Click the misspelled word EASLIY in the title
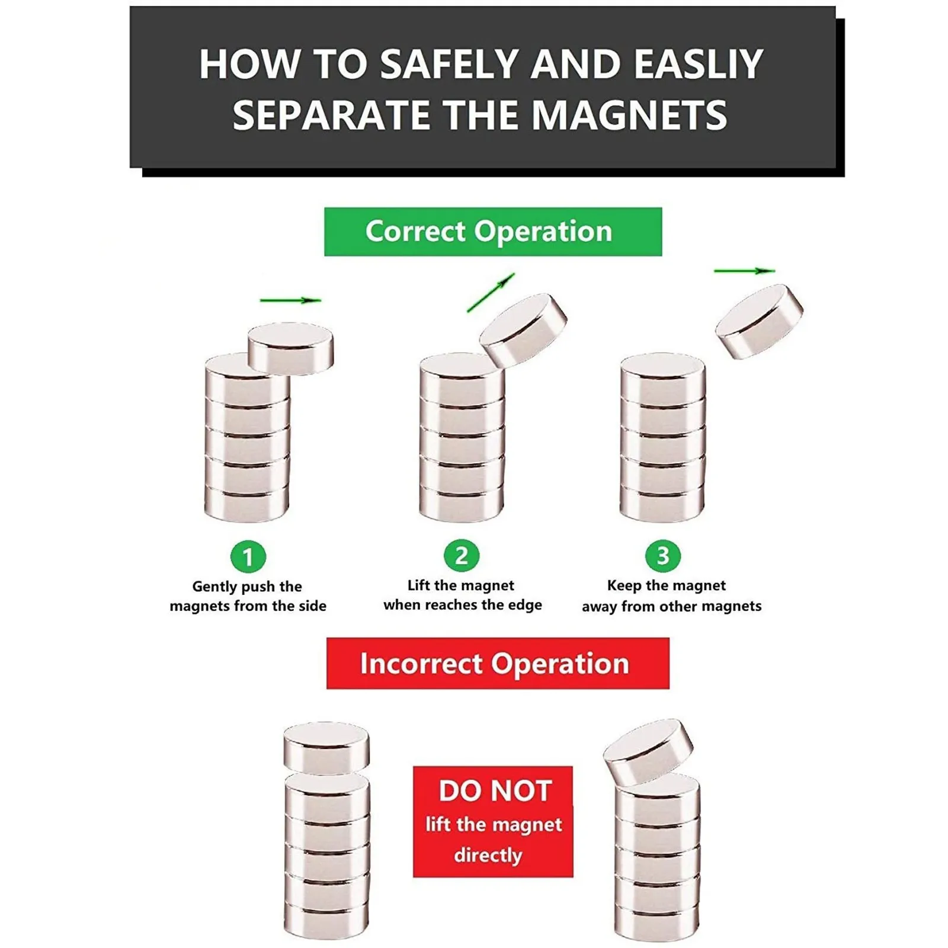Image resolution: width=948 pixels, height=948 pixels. (x=699, y=64)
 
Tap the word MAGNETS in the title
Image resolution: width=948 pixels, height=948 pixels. (x=629, y=115)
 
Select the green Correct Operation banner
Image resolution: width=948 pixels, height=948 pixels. (x=493, y=232)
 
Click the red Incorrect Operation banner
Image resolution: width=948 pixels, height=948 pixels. (x=498, y=663)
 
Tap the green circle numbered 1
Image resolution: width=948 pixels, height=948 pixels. (x=248, y=556)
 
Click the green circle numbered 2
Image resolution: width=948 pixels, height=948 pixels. (x=462, y=556)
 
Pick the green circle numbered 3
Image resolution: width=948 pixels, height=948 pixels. (x=663, y=556)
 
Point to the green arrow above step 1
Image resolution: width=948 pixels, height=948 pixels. (x=290, y=300)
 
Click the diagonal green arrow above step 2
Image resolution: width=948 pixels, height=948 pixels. (x=491, y=293)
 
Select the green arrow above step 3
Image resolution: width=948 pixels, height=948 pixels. (x=744, y=271)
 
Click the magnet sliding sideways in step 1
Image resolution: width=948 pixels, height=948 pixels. (x=290, y=348)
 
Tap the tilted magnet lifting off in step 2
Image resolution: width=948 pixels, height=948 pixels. (x=523, y=330)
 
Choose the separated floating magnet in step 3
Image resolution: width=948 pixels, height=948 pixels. (x=759, y=321)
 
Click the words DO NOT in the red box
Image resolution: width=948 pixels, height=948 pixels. (x=495, y=790)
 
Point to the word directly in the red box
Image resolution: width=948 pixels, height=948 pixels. (x=488, y=855)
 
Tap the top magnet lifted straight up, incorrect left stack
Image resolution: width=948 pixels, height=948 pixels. (x=326, y=748)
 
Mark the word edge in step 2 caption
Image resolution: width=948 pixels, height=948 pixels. (x=525, y=605)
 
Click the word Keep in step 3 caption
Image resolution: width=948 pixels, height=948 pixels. (x=624, y=585)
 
